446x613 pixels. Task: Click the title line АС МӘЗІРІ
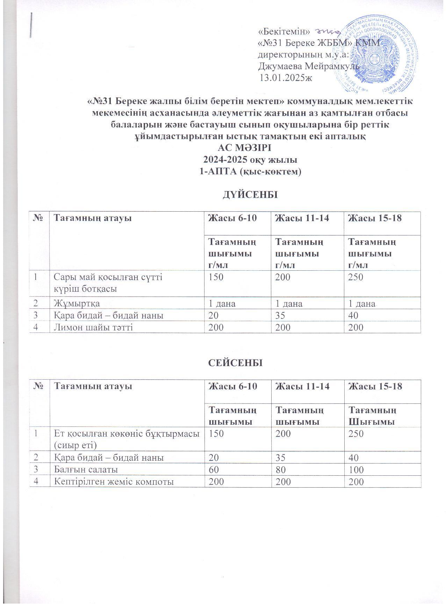pos(244,151)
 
